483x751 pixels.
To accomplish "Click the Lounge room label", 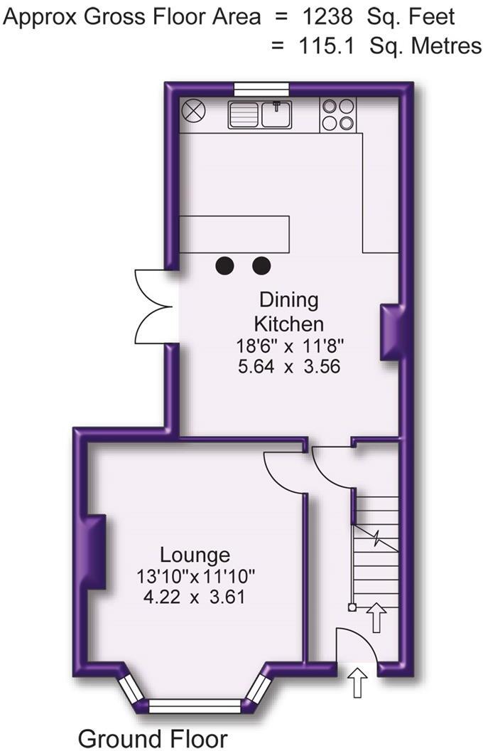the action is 195,555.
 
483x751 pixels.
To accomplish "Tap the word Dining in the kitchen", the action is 289,300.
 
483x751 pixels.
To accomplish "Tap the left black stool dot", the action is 224,265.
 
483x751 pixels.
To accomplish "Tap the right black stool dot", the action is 261,265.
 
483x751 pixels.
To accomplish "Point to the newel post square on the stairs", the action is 352,608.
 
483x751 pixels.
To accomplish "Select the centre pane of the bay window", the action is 195,706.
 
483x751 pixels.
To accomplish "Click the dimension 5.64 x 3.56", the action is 289,367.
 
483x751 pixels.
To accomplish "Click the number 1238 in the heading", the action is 327,18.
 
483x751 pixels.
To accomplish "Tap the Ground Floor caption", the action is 153,737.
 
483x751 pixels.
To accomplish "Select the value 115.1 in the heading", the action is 327,46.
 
